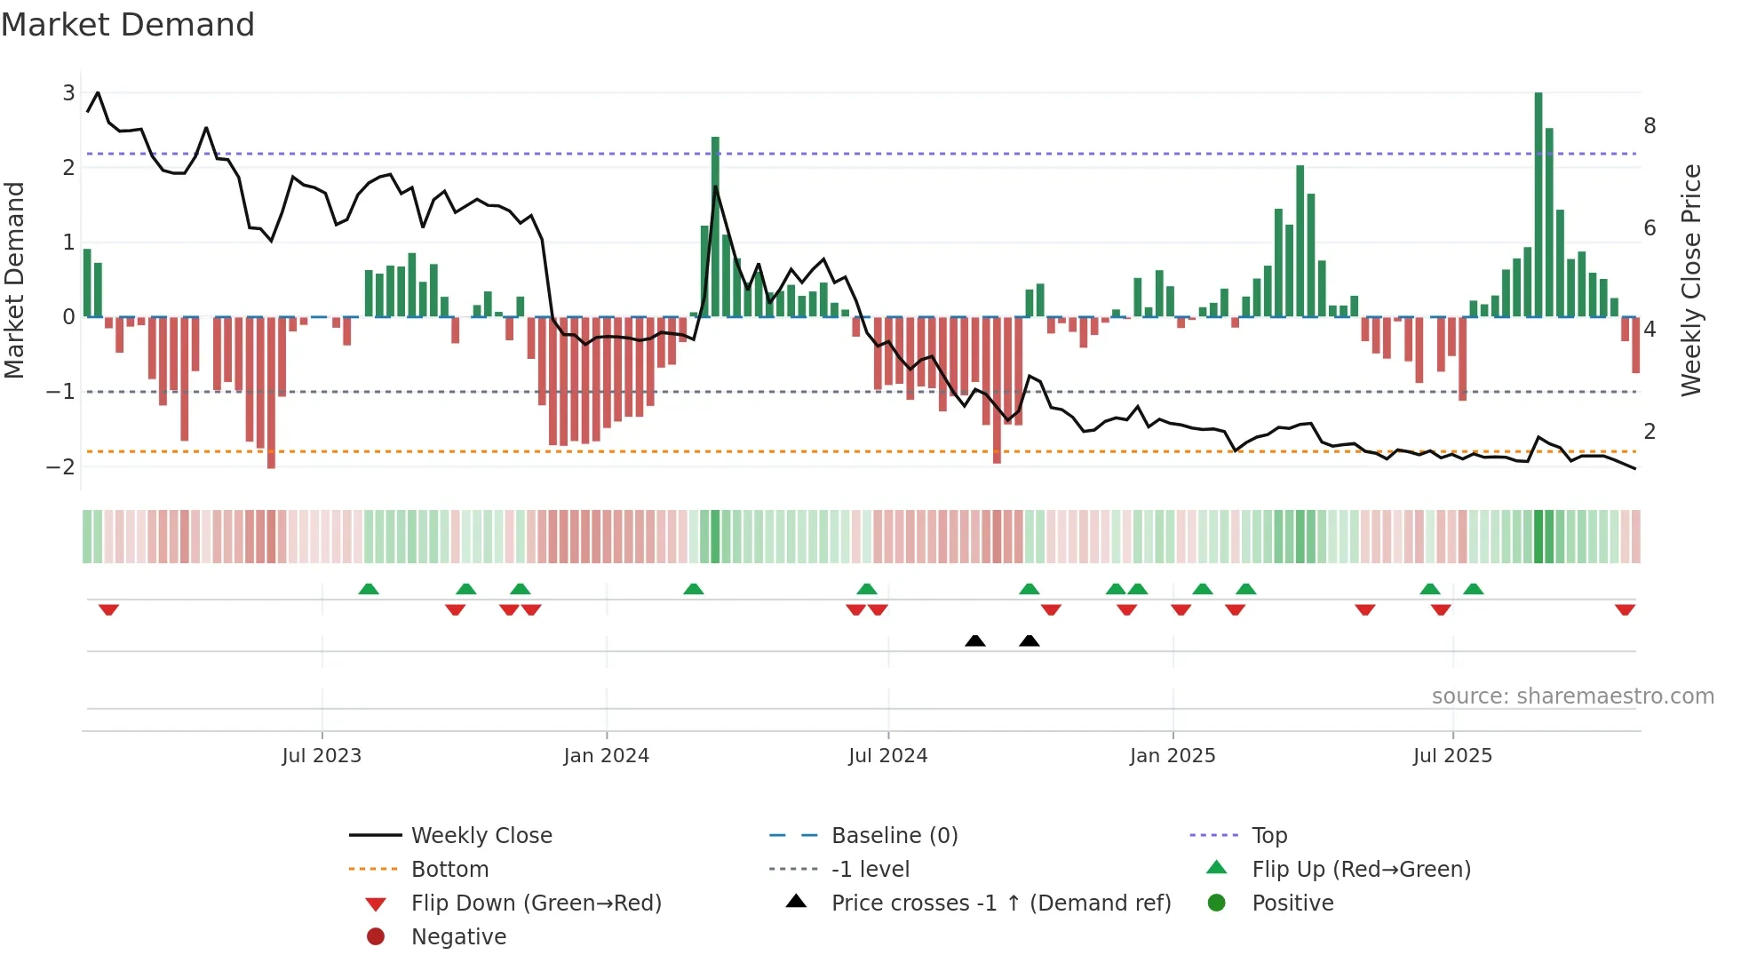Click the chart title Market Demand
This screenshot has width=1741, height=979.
click(128, 25)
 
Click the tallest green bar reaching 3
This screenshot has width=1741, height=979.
click(1538, 204)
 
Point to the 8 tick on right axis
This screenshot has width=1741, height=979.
click(1650, 126)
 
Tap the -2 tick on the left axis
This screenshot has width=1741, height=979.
click(60, 466)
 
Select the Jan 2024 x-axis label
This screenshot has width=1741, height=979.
click(606, 756)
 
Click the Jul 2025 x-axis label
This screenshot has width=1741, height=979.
click(1452, 756)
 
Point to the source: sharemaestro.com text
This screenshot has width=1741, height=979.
click(1572, 696)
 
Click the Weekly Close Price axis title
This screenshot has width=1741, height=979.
click(1690, 280)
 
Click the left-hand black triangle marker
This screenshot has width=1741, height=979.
click(975, 641)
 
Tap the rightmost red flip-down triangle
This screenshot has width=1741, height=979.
click(1625, 609)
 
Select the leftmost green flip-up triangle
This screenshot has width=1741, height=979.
click(369, 589)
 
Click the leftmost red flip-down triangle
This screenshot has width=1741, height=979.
click(108, 609)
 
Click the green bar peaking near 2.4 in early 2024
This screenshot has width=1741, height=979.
click(715, 227)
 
